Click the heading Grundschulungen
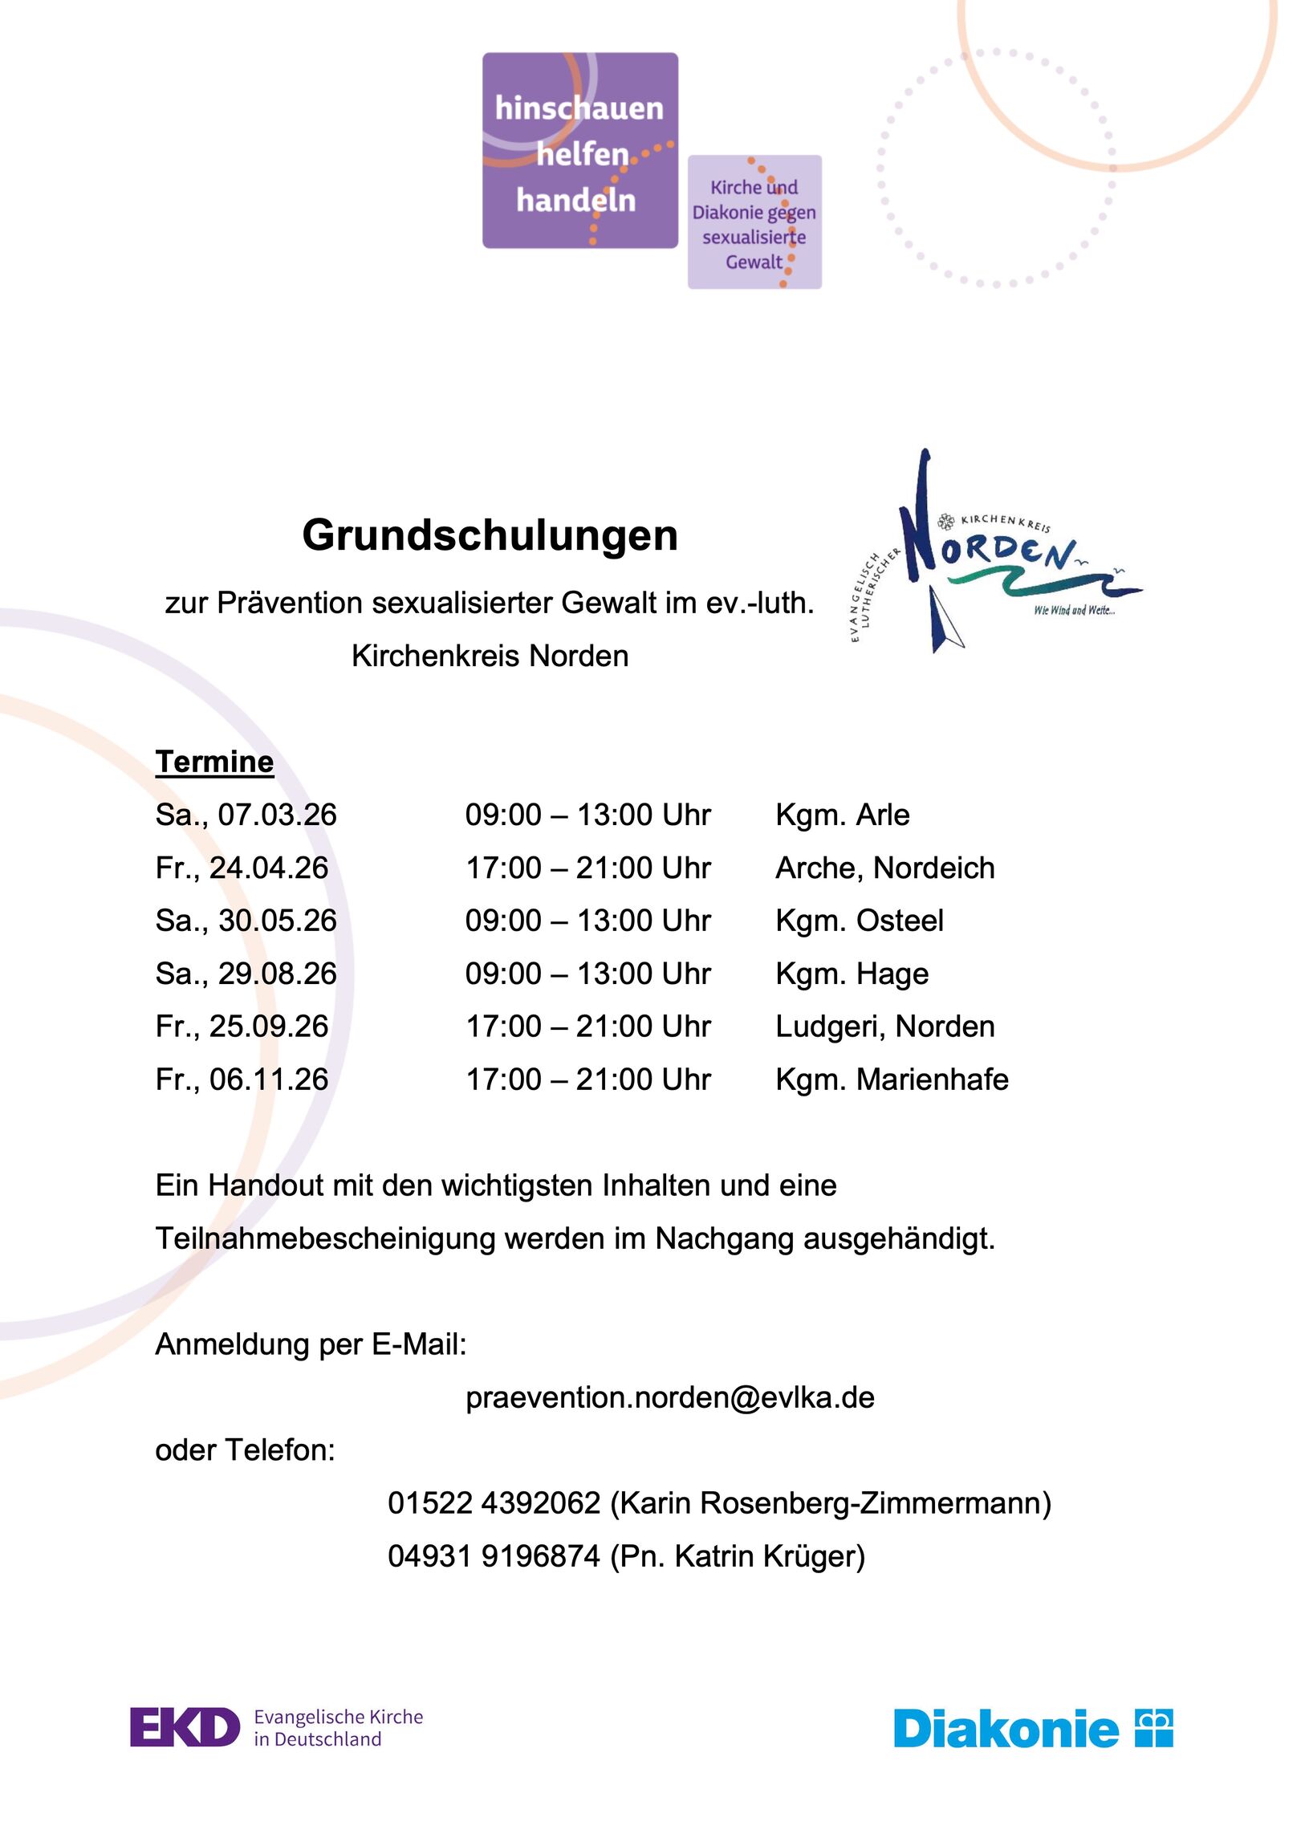point(490,535)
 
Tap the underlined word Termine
point(214,762)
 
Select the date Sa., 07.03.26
point(246,815)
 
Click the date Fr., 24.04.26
point(242,868)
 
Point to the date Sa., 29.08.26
point(246,974)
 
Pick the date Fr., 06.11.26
point(242,1079)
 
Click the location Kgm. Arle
point(842,815)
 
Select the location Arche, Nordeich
point(884,868)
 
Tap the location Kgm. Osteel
point(859,921)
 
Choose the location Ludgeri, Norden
point(884,1026)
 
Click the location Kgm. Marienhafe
point(892,1079)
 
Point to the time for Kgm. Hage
point(587,974)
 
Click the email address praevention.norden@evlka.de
point(670,1397)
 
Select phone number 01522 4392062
point(494,1502)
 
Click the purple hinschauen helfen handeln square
point(579,150)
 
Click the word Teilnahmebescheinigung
point(325,1238)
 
